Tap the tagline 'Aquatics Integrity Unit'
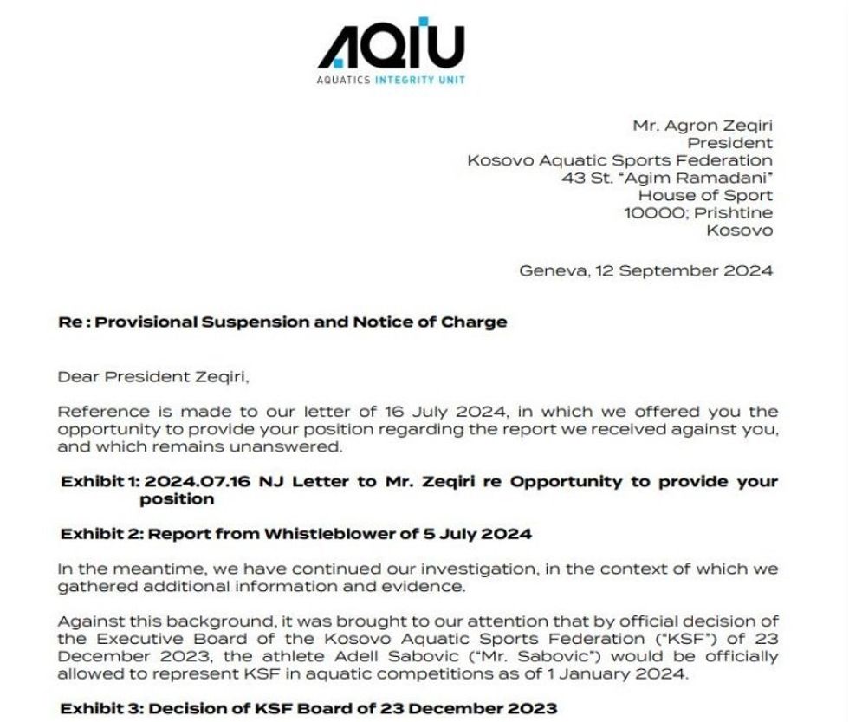(391, 80)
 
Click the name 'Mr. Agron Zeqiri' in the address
(703, 126)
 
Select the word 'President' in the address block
(729, 143)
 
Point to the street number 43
(572, 178)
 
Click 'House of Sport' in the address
(705, 195)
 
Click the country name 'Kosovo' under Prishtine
(739, 230)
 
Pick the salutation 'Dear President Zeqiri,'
(159, 376)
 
